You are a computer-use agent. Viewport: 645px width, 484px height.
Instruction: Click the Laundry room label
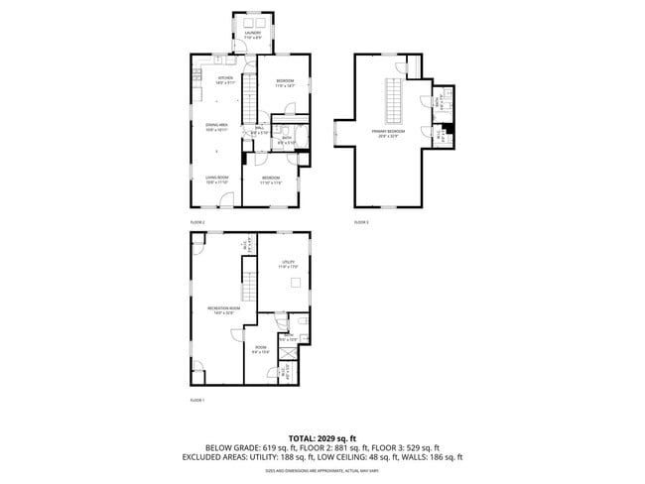click(253, 35)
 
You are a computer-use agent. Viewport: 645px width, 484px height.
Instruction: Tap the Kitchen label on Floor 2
click(225, 80)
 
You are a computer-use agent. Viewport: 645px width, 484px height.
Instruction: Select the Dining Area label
click(217, 126)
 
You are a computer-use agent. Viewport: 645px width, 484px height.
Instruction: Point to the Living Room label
click(217, 180)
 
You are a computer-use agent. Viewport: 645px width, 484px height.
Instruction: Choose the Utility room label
click(288, 264)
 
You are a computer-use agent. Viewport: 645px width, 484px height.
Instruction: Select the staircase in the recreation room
click(249, 284)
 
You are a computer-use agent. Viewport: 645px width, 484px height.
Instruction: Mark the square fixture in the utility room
click(294, 285)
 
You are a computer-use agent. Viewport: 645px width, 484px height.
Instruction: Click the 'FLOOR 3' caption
click(361, 222)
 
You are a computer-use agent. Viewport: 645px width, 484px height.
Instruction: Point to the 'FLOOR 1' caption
click(196, 400)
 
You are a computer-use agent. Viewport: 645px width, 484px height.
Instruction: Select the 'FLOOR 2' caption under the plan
click(196, 222)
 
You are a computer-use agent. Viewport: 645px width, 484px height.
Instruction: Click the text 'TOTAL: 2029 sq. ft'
click(322, 437)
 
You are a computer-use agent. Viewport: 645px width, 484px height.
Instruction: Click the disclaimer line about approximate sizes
click(322, 470)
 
